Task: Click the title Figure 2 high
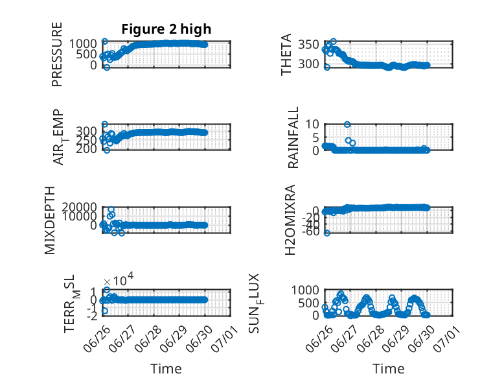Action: tap(166, 29)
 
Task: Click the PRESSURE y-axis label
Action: tap(56, 54)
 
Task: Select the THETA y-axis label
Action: tap(286, 54)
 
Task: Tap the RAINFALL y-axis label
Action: tap(293, 137)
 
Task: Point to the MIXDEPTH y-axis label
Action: tap(50, 220)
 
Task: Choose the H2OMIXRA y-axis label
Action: tap(290, 220)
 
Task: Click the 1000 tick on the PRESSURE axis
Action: tap(84, 43)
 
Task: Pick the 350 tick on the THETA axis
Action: tap(308, 45)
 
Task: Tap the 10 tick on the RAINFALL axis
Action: tap(312, 124)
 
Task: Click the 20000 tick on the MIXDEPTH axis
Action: tap(80, 207)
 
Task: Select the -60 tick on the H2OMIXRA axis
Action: tap(310, 231)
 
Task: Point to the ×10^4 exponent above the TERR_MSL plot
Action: tap(119, 280)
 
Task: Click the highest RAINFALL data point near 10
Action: tap(347, 124)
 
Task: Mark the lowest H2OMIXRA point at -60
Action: tap(327, 233)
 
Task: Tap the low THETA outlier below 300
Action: tap(327, 67)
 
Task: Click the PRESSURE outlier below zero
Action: tap(107, 67)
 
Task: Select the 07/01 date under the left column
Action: tap(225, 338)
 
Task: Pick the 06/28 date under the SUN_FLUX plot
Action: tap(371, 338)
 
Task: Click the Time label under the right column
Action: tap(388, 369)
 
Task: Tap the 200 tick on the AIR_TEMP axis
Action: tap(86, 149)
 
